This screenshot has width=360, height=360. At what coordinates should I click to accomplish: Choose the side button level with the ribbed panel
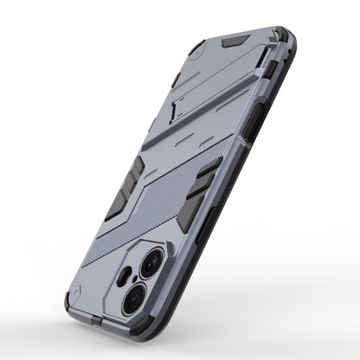tap(258, 196)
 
